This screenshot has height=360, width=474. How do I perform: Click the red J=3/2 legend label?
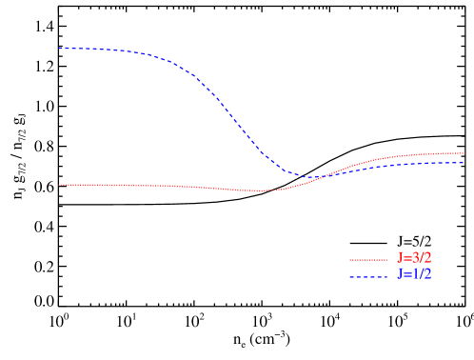(414, 259)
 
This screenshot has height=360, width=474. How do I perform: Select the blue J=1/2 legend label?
(414, 275)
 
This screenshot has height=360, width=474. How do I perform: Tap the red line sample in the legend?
(368, 259)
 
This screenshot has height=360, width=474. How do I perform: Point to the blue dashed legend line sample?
(368, 276)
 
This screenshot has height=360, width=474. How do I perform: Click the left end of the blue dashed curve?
(59, 48)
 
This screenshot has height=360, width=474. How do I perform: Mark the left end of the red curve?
(59, 185)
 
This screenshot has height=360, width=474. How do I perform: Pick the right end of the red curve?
(464, 152)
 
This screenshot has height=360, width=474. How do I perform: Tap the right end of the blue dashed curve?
(464, 163)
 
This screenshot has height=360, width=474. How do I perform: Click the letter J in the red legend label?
(401, 259)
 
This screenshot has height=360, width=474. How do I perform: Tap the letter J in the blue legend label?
(401, 275)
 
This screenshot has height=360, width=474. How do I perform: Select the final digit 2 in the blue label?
(427, 275)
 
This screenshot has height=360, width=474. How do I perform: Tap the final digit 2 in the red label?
(427, 259)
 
